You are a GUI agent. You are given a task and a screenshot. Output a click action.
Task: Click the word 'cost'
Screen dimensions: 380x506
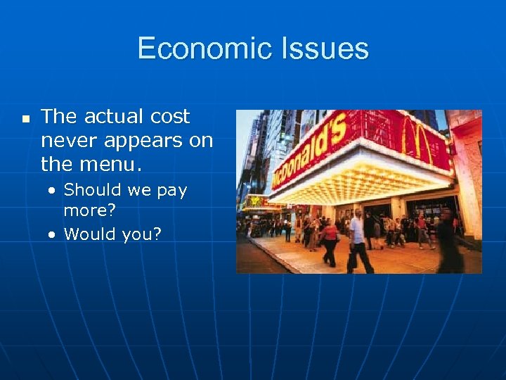[171, 117]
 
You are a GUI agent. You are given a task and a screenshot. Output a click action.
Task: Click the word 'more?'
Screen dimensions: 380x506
[90, 210]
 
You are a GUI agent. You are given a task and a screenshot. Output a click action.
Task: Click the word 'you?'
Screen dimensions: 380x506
[142, 234]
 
